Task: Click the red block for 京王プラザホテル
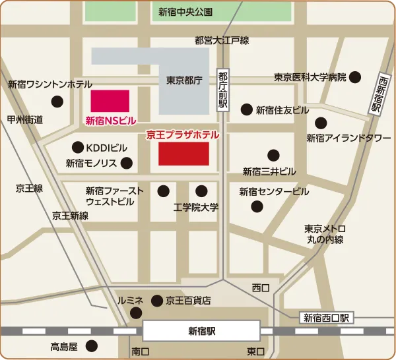coord(183,154)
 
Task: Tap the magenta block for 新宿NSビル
coord(110,102)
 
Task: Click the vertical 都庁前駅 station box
coord(223,90)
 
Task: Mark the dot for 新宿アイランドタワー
coord(321,123)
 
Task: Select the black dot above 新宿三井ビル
coord(273,156)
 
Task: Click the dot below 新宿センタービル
coord(257,206)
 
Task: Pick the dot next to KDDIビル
coord(78,147)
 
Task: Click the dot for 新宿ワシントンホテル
coord(57,102)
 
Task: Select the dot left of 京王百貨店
coord(157,301)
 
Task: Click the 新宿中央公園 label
coord(185,12)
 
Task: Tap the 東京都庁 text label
coord(183,80)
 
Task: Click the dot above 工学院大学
coord(201,191)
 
